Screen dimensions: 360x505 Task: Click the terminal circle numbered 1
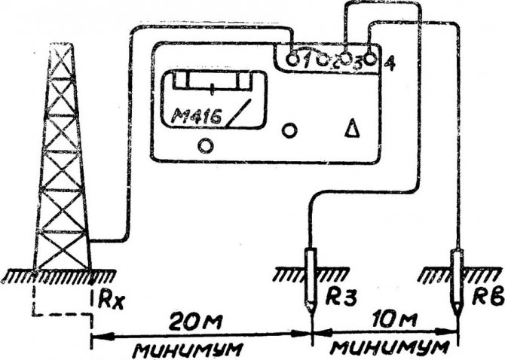(293, 58)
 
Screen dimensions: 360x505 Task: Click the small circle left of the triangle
(289, 130)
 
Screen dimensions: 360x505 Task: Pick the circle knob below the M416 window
(203, 145)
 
